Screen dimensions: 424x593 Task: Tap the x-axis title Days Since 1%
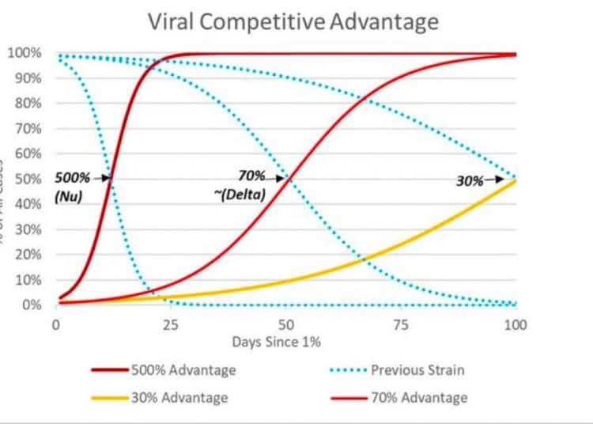277,343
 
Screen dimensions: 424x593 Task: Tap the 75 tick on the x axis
401,324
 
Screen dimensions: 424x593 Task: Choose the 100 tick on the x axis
516,324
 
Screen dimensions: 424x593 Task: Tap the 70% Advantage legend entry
419,397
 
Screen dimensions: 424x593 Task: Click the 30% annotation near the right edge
470,180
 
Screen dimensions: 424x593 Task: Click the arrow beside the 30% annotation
493,180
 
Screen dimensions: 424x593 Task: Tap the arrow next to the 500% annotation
104,179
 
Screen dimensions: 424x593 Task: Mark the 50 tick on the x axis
285,324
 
